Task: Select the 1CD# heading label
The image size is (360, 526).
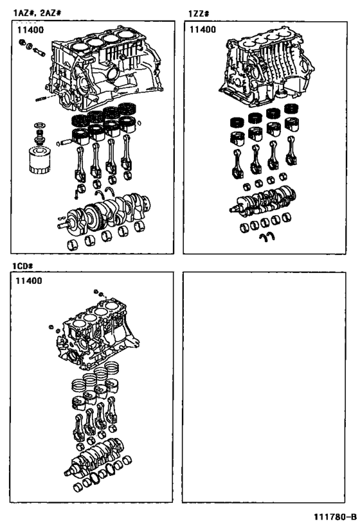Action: tap(21, 265)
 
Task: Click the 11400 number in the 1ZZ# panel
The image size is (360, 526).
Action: tap(202, 30)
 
